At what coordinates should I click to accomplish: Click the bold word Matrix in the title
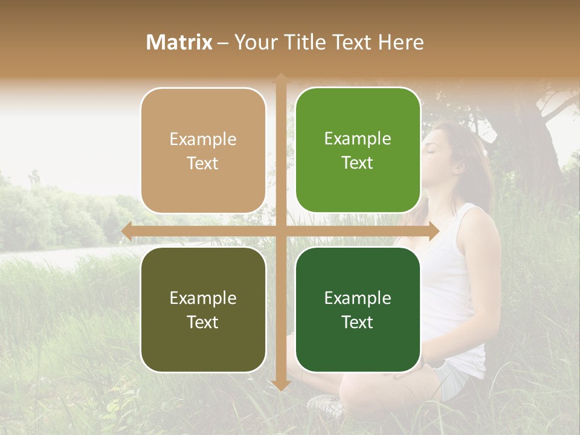coord(179,42)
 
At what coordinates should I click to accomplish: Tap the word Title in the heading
coord(309,42)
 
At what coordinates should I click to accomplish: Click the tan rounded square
coord(203,150)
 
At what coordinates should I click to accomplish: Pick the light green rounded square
coord(358,150)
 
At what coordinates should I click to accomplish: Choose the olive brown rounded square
coord(203,309)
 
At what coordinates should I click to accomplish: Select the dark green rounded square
coord(358,309)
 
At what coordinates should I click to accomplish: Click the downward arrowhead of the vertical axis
coord(280,385)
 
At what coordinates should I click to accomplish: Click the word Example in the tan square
coord(203,139)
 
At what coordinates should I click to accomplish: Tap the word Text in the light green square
coord(358,163)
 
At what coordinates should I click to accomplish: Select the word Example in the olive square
coord(203,298)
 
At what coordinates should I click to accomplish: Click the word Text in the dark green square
coord(358,322)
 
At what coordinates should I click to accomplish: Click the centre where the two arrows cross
coord(280,231)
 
